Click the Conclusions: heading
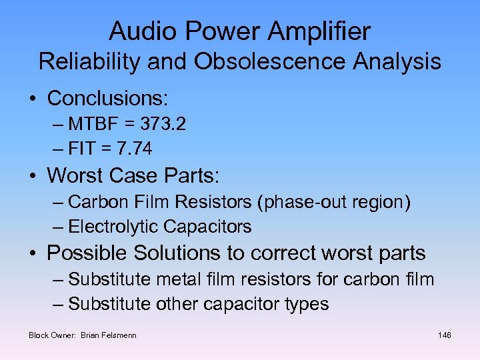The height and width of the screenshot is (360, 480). (107, 99)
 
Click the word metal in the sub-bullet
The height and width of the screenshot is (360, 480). (176, 279)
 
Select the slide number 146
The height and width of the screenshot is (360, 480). (445, 335)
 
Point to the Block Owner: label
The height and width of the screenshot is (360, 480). (53, 335)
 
